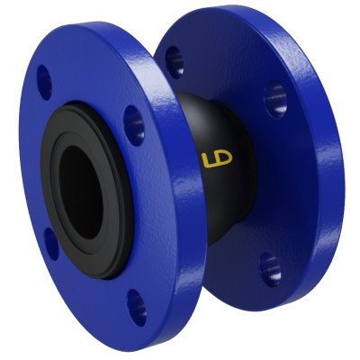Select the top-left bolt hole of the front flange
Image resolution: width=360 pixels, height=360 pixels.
tap(44, 82)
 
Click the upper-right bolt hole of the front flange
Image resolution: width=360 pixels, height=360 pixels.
tap(133, 124)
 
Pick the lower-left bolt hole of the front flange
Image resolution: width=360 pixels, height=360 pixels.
tap(50, 243)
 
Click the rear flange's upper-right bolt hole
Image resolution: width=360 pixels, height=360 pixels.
tap(275, 99)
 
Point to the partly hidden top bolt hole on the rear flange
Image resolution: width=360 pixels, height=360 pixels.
tap(175, 60)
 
